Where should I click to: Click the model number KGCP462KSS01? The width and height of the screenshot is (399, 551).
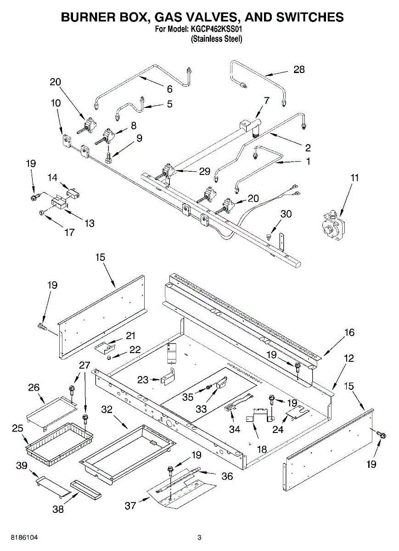[215, 29]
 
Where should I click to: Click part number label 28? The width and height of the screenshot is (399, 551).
[299, 70]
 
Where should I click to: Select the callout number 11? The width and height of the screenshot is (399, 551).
[354, 178]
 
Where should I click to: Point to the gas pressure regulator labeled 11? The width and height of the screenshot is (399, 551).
[333, 225]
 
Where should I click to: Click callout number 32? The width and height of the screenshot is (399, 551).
[107, 409]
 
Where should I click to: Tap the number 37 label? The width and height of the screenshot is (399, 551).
[130, 506]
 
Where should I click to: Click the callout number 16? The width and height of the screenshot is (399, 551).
[349, 332]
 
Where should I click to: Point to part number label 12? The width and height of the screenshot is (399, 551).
[348, 359]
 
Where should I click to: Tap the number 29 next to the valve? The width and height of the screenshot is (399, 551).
[205, 171]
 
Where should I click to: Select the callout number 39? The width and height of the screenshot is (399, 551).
[22, 466]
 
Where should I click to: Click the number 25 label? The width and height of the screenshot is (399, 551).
[17, 428]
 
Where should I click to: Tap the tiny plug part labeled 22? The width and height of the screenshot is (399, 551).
[108, 358]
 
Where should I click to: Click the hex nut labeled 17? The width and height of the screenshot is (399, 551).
[42, 212]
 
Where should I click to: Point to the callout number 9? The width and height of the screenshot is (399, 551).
[139, 138]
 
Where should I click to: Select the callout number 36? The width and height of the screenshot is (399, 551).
[227, 477]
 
